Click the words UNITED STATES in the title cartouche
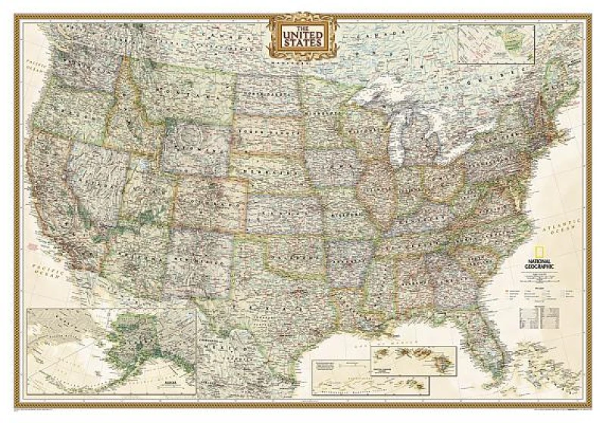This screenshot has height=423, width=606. click(x=302, y=36)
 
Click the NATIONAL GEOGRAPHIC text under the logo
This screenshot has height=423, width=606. click(x=539, y=266)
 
